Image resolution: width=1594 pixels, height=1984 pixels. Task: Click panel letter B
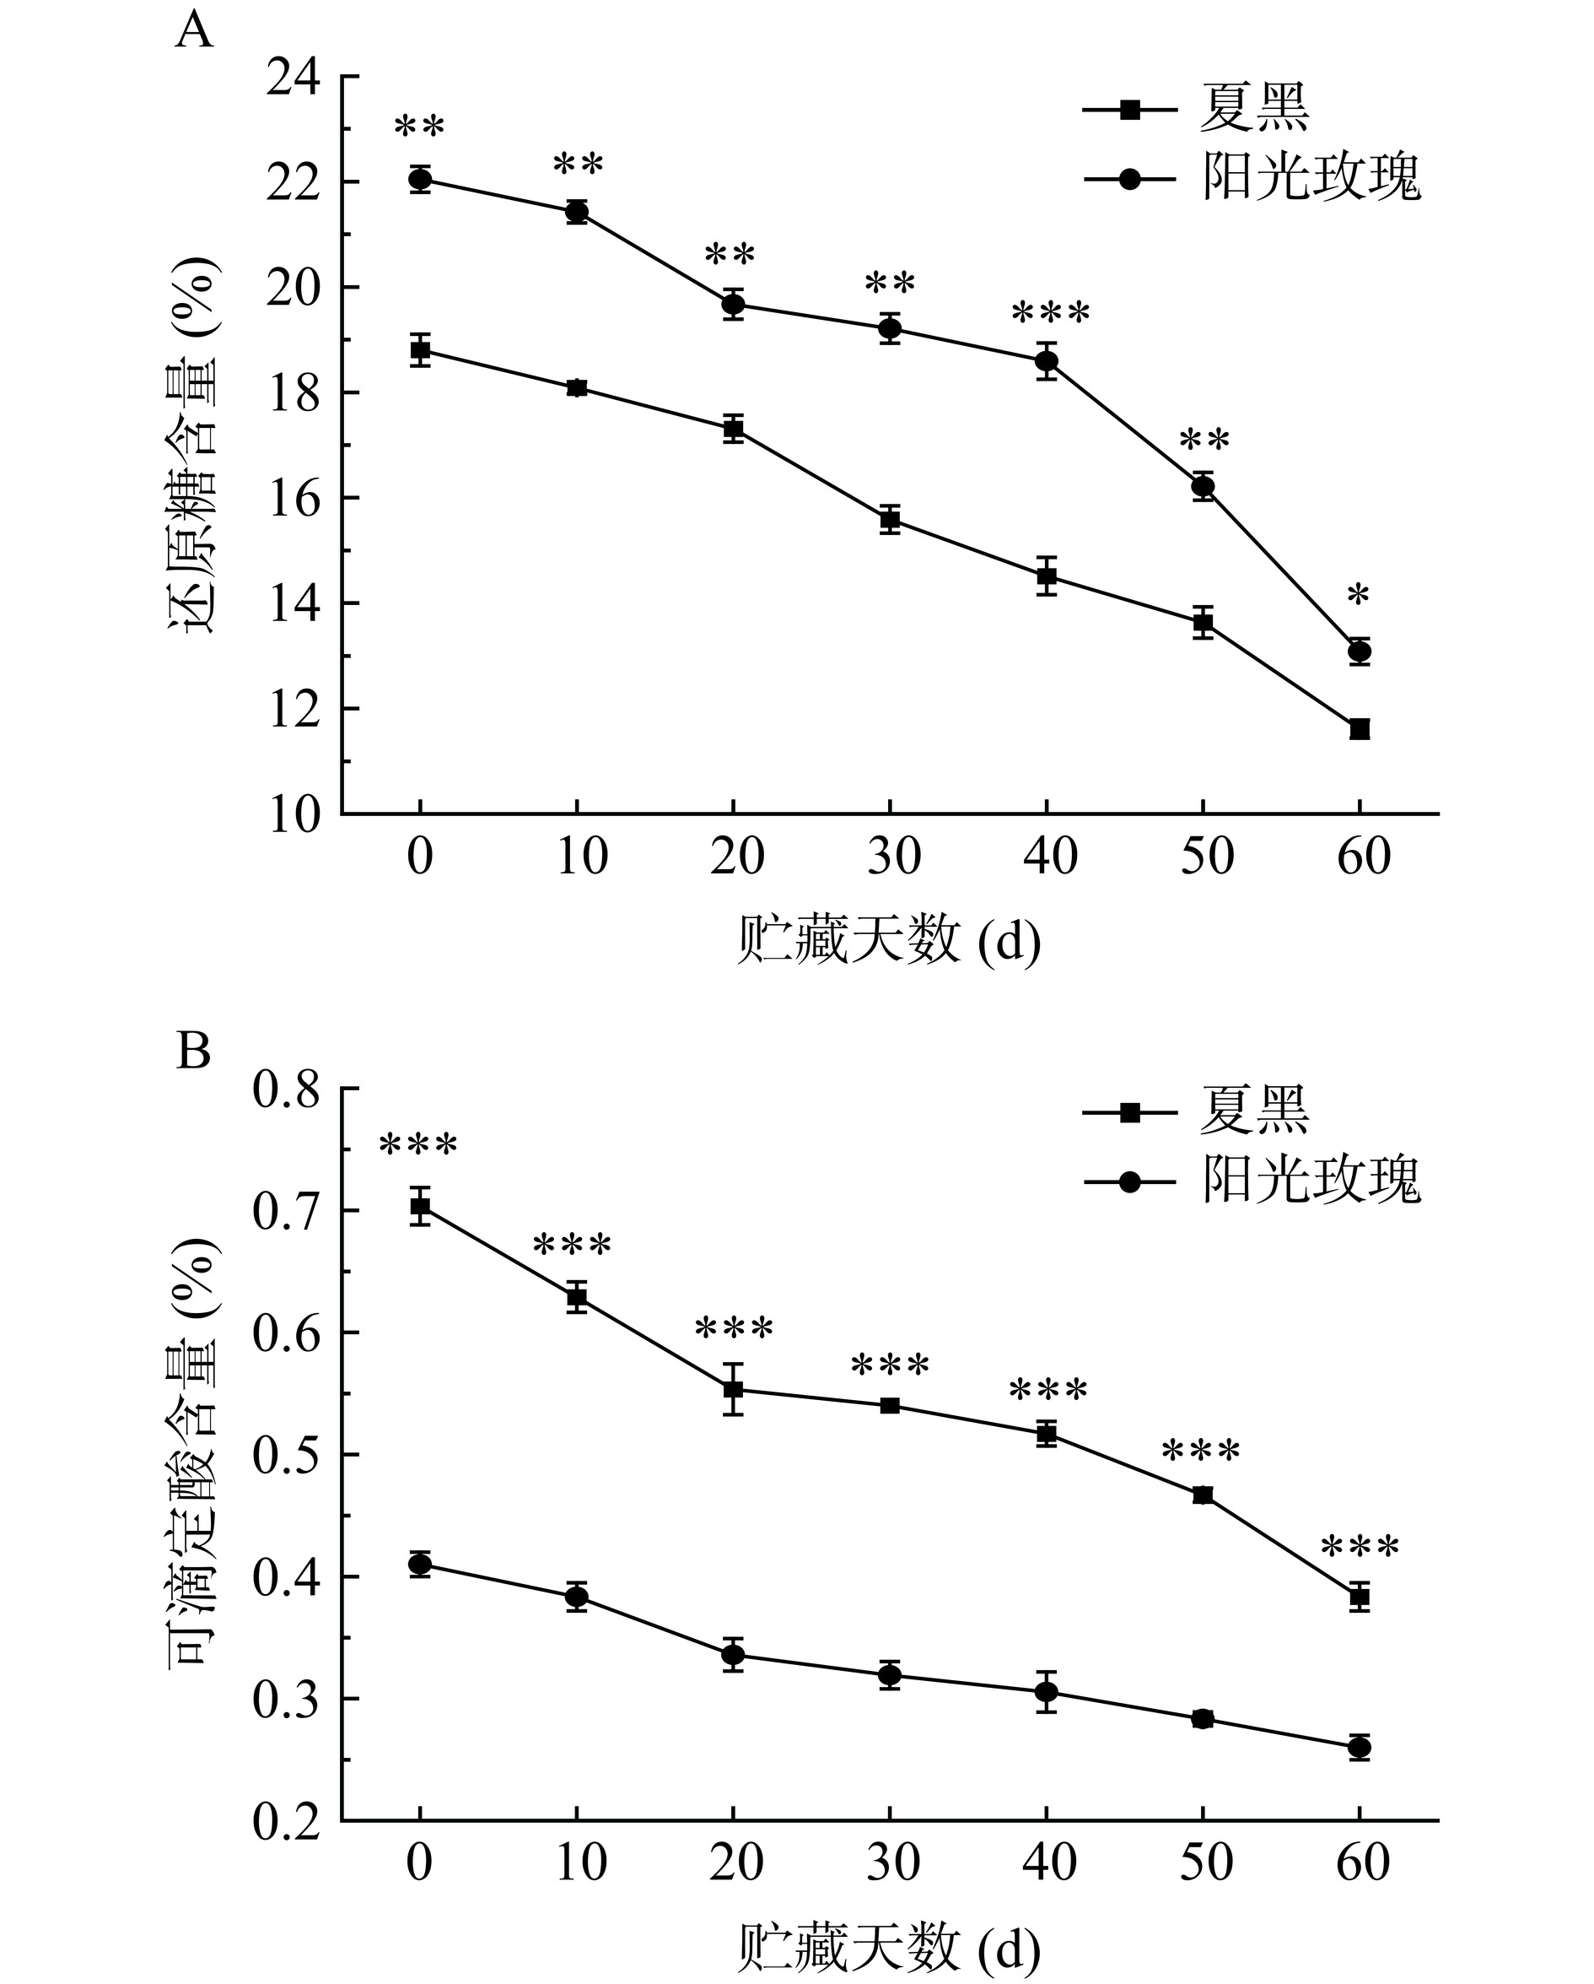193,1050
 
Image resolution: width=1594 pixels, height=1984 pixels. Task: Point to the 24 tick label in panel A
293,78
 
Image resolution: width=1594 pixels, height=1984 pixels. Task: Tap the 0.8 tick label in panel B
286,1090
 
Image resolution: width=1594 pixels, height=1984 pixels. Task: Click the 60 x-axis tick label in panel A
1363,857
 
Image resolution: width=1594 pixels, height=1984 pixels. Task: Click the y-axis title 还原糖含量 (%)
194,445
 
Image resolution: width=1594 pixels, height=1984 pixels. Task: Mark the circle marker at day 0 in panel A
420,180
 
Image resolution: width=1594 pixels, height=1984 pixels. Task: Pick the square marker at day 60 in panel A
1360,730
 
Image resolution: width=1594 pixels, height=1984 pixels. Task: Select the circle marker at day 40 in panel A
1047,360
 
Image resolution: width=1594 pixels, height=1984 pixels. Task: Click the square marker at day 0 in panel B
420,1207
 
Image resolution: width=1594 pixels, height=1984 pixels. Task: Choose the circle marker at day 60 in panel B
1360,1747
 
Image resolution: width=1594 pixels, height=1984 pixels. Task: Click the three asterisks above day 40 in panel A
1050,314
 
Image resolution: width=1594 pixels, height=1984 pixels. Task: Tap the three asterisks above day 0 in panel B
418,1147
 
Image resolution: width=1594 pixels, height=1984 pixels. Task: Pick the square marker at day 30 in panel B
890,1405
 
